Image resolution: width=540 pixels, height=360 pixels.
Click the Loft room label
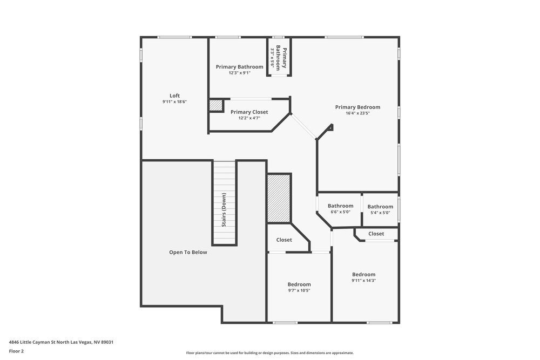pos(174,95)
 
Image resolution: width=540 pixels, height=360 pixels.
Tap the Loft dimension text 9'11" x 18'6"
pos(174,101)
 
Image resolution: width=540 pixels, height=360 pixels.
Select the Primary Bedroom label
pos(357,107)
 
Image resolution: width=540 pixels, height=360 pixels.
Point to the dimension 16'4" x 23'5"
pos(357,113)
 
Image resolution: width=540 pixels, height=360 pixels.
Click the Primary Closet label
pos(249,112)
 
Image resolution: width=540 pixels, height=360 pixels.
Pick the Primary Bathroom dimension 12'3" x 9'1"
pos(240,73)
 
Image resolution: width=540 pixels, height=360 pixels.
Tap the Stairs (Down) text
pos(224,209)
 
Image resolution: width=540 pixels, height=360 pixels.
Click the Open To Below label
pos(188,252)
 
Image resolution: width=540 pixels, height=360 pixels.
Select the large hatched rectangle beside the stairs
pos(279,198)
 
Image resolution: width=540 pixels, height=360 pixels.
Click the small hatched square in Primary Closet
pos(216,105)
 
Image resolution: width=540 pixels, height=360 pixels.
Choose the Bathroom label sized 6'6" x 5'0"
pos(340,206)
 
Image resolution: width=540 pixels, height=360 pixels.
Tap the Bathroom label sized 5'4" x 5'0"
pos(380,206)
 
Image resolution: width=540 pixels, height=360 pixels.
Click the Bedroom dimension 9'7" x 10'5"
pos(299,290)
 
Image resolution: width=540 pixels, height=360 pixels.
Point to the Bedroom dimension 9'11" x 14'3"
pos(363,280)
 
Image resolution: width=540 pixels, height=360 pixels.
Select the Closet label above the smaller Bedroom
pos(284,240)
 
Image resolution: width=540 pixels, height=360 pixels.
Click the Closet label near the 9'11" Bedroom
pos(376,234)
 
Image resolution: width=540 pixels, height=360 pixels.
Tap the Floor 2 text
pos(16,351)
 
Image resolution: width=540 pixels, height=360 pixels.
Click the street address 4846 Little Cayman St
pos(61,342)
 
